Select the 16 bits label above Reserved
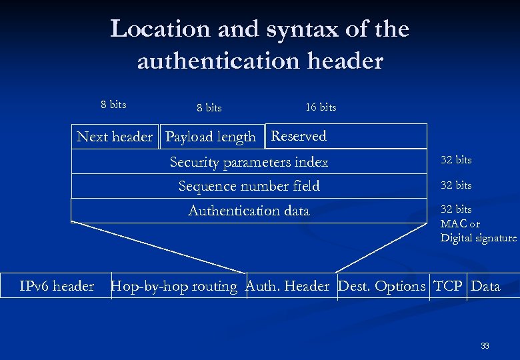321,107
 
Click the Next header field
115,137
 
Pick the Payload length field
211,137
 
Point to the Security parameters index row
249,162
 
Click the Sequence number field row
249,186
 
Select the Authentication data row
249,211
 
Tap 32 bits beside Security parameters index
456,160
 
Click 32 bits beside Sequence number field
456,185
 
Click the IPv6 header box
57,286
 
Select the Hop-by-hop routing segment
174,286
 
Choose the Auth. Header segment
288,286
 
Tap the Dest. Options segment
382,286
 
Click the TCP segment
448,286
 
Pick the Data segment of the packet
485,286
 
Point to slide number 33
485,346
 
